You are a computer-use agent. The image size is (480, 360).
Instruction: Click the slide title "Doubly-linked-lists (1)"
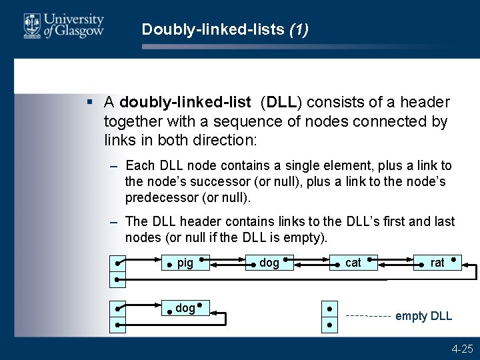point(225,30)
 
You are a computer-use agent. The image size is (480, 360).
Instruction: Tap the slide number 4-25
point(462,348)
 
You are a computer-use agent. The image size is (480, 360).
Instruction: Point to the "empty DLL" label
point(423,316)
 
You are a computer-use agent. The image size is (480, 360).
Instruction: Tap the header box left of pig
point(117,271)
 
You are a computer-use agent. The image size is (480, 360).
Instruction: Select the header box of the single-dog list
point(117,317)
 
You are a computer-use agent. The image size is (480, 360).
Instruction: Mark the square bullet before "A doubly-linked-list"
point(89,103)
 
